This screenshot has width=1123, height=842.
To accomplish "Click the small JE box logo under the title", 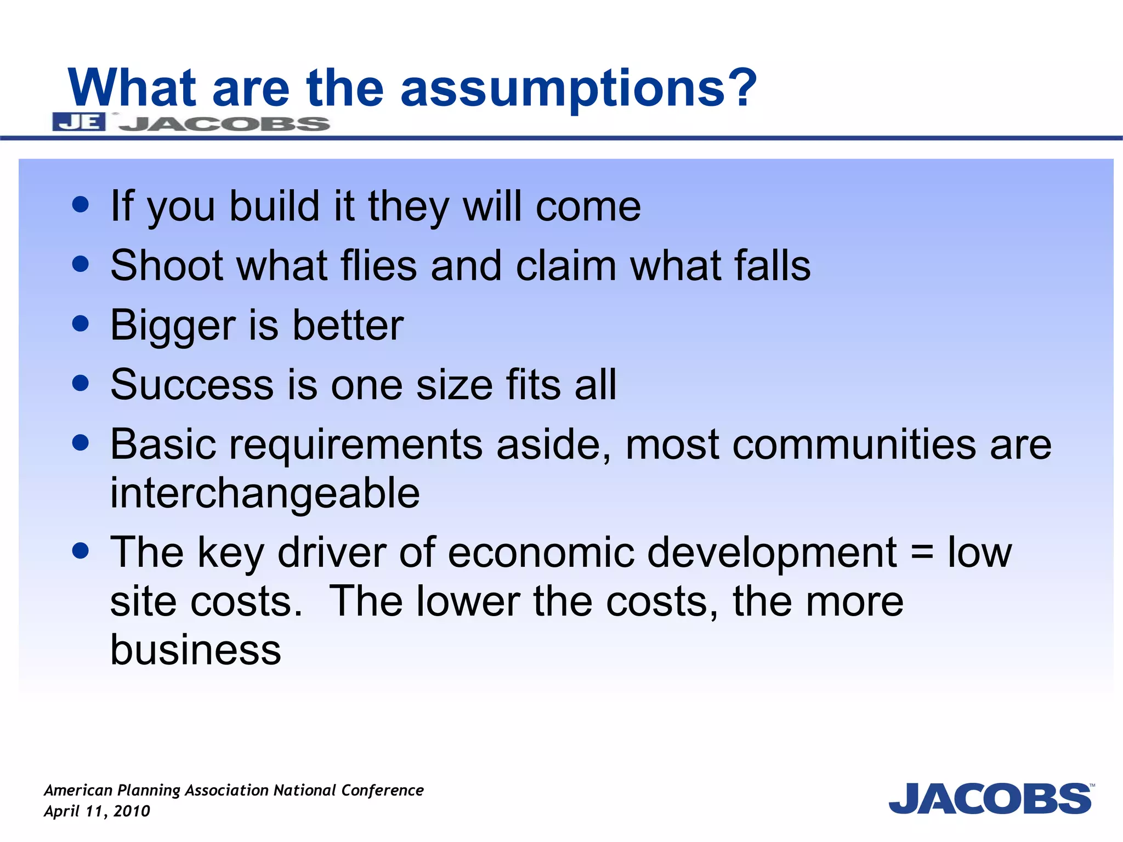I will coord(79,122).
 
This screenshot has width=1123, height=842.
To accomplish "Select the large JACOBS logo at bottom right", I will coord(990,799).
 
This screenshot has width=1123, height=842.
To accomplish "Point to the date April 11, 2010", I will coord(97,811).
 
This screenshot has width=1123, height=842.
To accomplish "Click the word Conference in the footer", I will coord(382,790).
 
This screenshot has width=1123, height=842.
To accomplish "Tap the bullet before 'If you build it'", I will coord(81,205).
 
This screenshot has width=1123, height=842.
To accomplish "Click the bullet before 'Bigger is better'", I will coord(81,323).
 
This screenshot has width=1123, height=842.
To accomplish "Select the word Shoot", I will coord(166,265).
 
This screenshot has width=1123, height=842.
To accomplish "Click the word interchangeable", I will coord(265,492).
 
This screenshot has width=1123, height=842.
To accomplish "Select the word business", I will coord(196,650).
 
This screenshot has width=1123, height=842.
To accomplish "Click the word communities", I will coord(854,444).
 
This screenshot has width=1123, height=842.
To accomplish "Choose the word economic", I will coord(541,552).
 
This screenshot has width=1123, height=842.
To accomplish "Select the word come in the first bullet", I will coord(588,207).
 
